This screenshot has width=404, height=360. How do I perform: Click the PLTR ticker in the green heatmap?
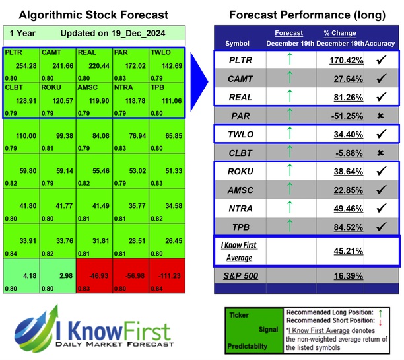pos(13,51)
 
